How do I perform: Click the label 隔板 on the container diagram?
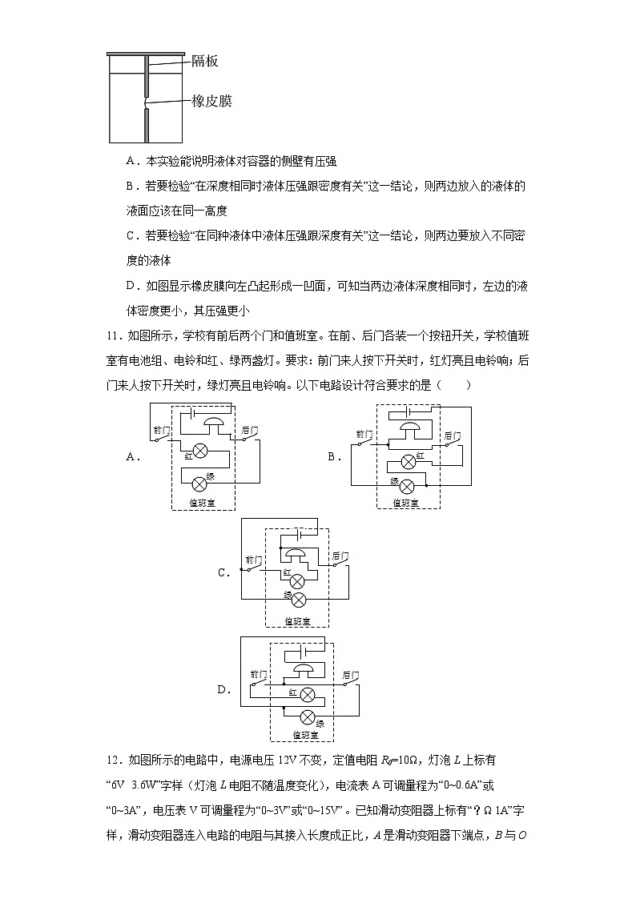205,62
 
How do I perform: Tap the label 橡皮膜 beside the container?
212,101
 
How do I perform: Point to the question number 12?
115,761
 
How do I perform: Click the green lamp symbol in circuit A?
199,481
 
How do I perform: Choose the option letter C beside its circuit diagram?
223,573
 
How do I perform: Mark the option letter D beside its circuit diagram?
223,689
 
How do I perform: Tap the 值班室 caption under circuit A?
201,504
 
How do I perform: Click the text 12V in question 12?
292,761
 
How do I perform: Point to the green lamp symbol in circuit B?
406,486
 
